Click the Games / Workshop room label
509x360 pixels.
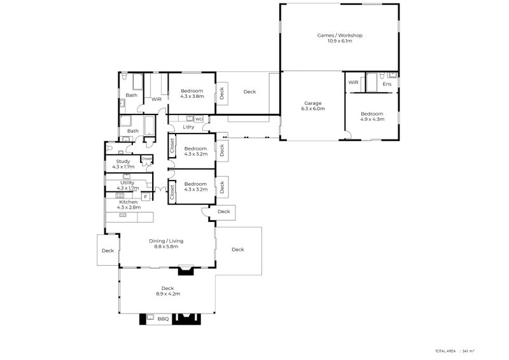340,36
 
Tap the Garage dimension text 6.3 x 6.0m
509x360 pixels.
312,109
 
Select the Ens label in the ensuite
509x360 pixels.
386,83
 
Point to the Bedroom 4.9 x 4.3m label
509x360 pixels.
372,115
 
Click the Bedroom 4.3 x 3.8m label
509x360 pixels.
192,93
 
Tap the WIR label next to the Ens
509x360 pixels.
353,83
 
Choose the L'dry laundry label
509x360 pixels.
188,127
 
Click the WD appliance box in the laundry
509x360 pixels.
199,119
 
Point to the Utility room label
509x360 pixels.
127,183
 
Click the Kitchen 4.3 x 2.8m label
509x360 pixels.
128,205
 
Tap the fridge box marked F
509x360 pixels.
145,197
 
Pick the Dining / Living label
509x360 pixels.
166,243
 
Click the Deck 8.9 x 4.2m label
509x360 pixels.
167,291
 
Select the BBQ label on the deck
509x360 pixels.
163,319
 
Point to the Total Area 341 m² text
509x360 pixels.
455,350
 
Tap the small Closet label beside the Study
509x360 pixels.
147,158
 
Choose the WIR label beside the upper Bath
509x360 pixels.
156,99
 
